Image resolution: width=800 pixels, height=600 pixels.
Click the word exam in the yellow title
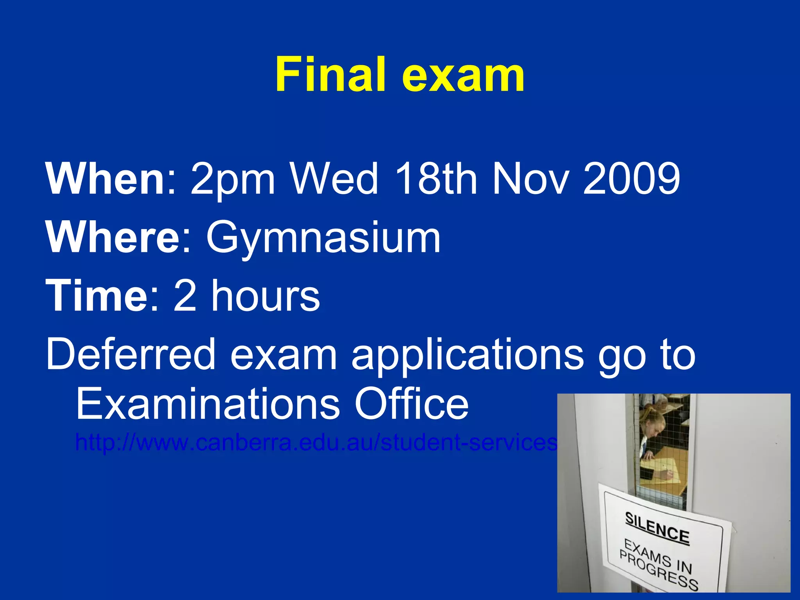click(463, 76)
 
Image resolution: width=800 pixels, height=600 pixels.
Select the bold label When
click(105, 179)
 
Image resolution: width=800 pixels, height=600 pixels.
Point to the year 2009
click(632, 179)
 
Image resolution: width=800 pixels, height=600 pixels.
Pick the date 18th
click(436, 179)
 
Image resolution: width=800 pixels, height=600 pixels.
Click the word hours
click(266, 296)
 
